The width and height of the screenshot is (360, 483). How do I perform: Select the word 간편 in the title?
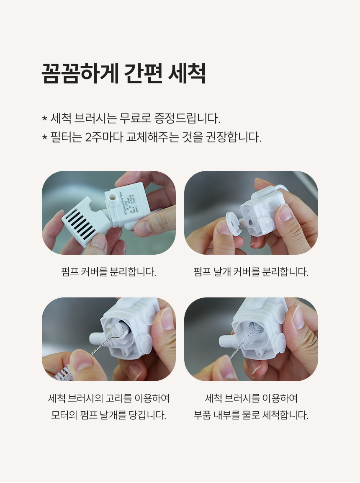click(x=144, y=74)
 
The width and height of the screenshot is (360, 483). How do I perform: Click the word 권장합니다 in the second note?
click(x=239, y=137)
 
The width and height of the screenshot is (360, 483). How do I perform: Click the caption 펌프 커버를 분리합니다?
click(x=108, y=272)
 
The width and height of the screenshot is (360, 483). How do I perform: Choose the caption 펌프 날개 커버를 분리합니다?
click(x=251, y=272)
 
